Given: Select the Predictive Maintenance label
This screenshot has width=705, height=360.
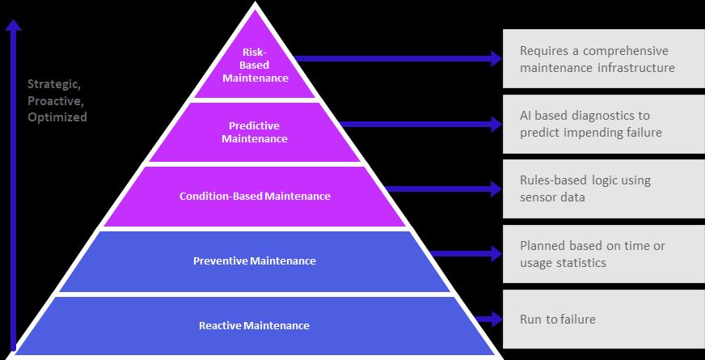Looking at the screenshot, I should pyautogui.click(x=254, y=132).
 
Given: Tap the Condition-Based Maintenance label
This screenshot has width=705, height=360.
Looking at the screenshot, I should pyautogui.click(x=255, y=196).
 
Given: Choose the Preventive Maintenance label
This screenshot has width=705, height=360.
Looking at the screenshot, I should pyautogui.click(x=255, y=261).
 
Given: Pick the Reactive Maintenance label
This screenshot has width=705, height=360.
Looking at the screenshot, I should pyautogui.click(x=254, y=325).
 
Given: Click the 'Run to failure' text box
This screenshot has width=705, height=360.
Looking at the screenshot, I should pyautogui.click(x=603, y=320).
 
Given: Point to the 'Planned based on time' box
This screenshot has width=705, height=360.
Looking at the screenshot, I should pyautogui.click(x=603, y=254).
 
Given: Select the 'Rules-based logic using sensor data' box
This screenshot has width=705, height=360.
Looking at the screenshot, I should pyautogui.click(x=603, y=188).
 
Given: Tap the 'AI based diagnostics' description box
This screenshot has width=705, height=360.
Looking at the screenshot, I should pyautogui.click(x=603, y=124).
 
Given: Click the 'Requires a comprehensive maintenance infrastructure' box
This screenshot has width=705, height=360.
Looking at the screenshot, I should pyautogui.click(x=603, y=59).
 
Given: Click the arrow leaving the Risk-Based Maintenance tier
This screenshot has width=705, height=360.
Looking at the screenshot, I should pyautogui.click(x=396, y=58).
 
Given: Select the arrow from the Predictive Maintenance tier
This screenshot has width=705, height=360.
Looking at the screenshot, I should pyautogui.click(x=420, y=124).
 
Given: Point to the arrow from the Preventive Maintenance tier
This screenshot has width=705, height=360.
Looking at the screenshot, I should pyautogui.click(x=465, y=254).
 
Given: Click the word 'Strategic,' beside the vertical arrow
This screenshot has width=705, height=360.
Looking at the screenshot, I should pyautogui.click(x=54, y=84).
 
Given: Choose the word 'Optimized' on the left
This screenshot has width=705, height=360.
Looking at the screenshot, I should pyautogui.click(x=57, y=116).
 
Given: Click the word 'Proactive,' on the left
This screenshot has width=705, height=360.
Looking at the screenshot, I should pyautogui.click(x=55, y=100).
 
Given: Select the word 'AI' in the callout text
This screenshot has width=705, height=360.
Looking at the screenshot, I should pyautogui.click(x=526, y=116).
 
